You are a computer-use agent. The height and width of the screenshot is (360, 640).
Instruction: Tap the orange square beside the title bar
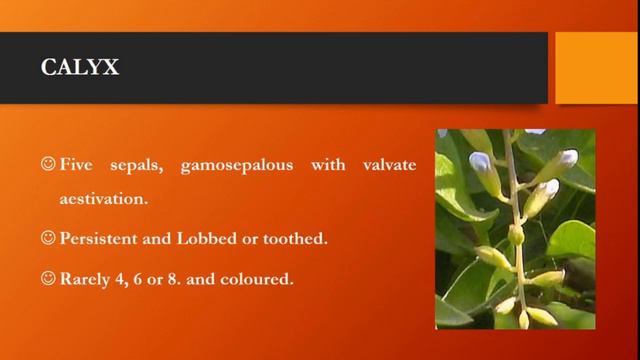pos(596,67)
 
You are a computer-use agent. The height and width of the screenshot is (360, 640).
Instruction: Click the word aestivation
pos(103,198)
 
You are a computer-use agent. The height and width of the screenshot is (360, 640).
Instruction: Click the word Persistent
pos(97,241)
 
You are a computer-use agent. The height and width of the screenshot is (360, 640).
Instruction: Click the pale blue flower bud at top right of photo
pos(568,158)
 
